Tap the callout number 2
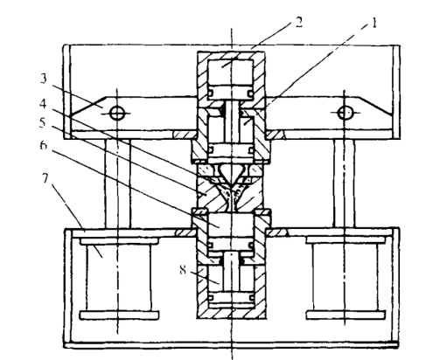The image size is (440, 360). click(298, 23)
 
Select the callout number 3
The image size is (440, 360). click(43, 79)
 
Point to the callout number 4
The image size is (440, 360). click(43, 103)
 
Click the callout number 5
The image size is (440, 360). click(43, 123)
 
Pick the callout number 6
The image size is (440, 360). click(44, 145)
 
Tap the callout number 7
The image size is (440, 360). click(45, 178)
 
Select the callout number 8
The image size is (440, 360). click(183, 271)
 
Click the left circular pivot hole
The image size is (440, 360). click(117, 113)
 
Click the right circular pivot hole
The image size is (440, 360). click(346, 113)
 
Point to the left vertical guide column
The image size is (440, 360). click(117, 183)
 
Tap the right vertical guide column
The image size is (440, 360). click(345, 183)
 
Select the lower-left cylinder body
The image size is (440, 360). click(119, 278)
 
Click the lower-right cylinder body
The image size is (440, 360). click(346, 278)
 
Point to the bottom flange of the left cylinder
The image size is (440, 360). click(119, 315)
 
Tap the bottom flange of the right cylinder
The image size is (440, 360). click(346, 315)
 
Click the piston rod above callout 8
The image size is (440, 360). click(231, 272)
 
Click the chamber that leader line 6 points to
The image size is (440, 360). click(231, 225)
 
